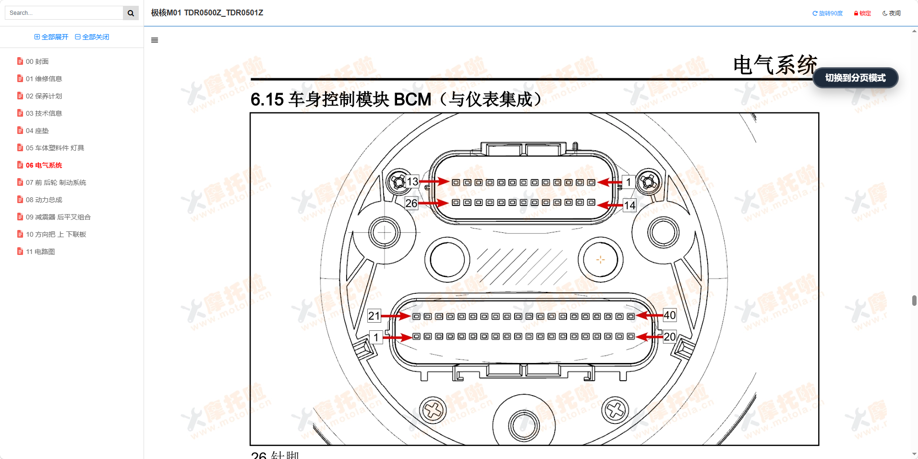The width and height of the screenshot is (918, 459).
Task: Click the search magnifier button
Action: (x=131, y=13)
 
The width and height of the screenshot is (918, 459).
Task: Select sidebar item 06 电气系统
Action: (x=44, y=165)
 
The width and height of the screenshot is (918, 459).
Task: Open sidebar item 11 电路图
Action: (x=40, y=252)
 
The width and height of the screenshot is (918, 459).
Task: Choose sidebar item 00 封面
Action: (x=37, y=61)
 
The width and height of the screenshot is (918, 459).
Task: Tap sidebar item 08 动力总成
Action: (x=44, y=200)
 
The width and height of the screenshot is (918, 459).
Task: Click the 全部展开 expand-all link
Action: (x=51, y=37)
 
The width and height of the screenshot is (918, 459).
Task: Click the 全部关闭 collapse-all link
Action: (x=92, y=37)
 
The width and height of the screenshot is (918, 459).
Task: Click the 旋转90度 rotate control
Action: (x=828, y=13)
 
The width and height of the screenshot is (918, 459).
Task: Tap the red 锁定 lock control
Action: (x=863, y=13)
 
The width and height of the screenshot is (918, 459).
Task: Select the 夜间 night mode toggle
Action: (x=892, y=13)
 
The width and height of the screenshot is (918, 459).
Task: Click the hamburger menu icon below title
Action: (x=155, y=40)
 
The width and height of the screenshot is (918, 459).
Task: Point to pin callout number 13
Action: (x=412, y=181)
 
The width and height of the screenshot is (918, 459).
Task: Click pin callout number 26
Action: (x=411, y=203)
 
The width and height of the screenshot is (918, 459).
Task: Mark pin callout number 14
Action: (x=629, y=205)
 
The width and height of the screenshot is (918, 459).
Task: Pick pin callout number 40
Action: (x=669, y=315)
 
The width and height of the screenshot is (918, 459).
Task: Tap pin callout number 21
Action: (x=374, y=316)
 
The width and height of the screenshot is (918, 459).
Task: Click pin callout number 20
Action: (x=669, y=337)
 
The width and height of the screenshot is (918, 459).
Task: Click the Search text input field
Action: (x=64, y=13)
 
